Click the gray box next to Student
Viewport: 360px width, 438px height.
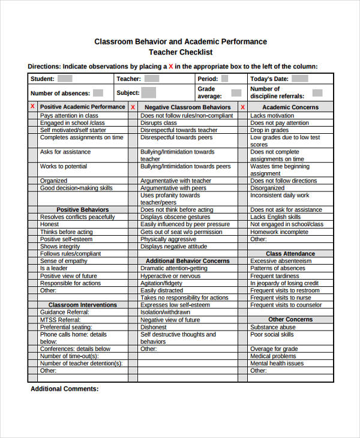click(x=65, y=79)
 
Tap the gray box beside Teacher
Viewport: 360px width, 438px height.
click(x=151, y=79)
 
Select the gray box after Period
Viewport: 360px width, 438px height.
click(x=224, y=79)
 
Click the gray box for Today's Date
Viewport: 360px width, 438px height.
click(x=300, y=79)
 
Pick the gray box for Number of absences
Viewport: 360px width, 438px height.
click(x=98, y=93)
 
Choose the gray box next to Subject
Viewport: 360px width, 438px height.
click(x=149, y=92)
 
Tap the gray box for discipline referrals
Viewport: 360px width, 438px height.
click(x=317, y=93)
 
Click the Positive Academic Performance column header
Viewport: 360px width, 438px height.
click(x=82, y=107)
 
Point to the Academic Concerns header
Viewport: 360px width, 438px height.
click(x=290, y=107)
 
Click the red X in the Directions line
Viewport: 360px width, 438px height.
click(x=171, y=67)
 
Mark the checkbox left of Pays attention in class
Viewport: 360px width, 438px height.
click(x=32, y=115)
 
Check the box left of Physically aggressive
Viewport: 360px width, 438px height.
click(x=133, y=239)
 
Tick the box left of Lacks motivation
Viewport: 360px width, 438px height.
click(x=242, y=115)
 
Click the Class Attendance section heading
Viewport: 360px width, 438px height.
click(x=290, y=254)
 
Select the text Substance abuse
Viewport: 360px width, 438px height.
click(x=272, y=327)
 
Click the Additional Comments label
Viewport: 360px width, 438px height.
click(x=64, y=389)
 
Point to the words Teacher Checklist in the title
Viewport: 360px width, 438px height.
click(x=181, y=52)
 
